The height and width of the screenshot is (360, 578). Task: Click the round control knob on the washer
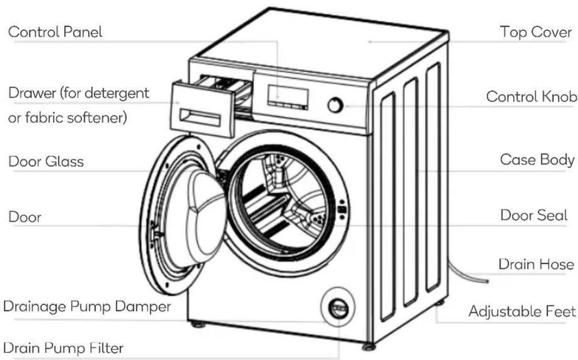pos(335,105)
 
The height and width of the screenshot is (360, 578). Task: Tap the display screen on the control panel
pos(288,96)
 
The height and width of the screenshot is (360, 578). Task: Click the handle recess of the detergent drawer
pos(200,118)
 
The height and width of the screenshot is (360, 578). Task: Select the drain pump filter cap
pos(339,309)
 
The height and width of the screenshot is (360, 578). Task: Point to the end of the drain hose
pos(487,281)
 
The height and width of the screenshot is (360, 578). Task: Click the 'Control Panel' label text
pos(55,32)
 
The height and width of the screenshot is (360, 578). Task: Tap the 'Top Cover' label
pos(536,32)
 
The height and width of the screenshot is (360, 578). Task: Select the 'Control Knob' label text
pos(531,97)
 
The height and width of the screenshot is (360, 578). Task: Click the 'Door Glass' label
pos(46,162)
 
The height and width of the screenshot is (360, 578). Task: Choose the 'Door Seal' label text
pos(534,215)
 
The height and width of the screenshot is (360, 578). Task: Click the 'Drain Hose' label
pos(536,264)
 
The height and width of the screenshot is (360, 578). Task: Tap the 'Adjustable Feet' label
pos(522,311)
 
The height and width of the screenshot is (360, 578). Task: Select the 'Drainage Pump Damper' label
pos(87,307)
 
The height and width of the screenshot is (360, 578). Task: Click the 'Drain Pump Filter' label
pos(63,348)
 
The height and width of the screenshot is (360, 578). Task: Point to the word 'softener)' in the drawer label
pos(97,118)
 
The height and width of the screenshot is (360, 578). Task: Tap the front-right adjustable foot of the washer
pos(369,347)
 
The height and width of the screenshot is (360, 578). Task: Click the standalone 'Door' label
pos(25,217)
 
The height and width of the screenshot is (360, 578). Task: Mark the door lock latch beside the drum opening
pos(342,210)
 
